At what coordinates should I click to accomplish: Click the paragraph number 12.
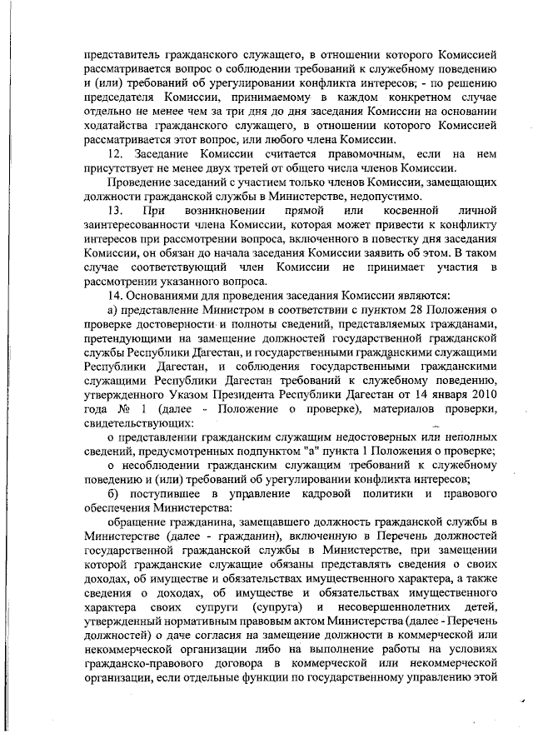118,155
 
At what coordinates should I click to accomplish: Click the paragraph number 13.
117,208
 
